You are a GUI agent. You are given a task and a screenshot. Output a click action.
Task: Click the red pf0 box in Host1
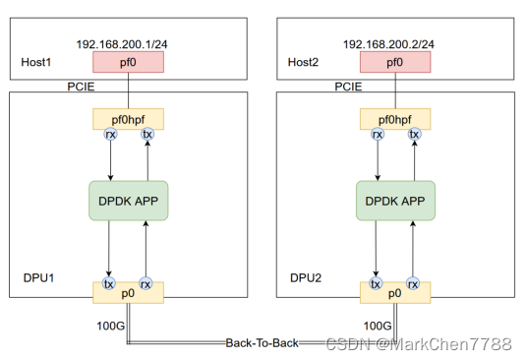pyautogui.click(x=128, y=63)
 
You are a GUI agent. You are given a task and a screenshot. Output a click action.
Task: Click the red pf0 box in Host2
pyautogui.click(x=394, y=63)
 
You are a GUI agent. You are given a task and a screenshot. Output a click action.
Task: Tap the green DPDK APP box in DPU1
pyautogui.click(x=128, y=201)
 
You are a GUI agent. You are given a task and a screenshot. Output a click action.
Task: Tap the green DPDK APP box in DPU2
pyautogui.click(x=394, y=201)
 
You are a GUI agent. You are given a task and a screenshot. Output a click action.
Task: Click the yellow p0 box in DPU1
pyautogui.click(x=128, y=292)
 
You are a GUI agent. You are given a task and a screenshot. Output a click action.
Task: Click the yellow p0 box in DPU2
pyautogui.click(x=394, y=292)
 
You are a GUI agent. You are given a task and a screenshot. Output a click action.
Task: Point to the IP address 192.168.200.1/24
pyautogui.click(x=127, y=45)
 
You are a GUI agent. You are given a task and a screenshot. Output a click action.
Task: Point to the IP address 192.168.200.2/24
pyautogui.click(x=393, y=45)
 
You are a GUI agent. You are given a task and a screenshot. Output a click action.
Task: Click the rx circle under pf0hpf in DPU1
pyautogui.click(x=109, y=134)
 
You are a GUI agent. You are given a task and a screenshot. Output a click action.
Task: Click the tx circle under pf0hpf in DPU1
pyautogui.click(x=147, y=134)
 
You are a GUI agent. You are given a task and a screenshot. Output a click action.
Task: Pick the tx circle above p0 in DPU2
pyautogui.click(x=376, y=283)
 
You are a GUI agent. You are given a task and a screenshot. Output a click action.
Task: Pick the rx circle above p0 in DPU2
pyautogui.click(x=414, y=283)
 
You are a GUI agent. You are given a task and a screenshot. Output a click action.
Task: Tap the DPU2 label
pyautogui.click(x=307, y=278)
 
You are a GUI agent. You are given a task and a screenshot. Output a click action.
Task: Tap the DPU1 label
pyautogui.click(x=39, y=278)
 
